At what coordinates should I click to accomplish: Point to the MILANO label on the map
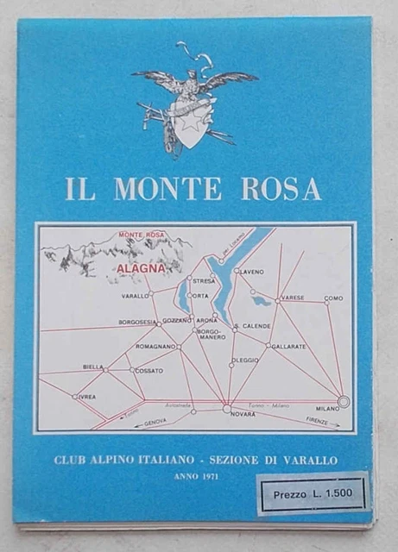click(328, 408)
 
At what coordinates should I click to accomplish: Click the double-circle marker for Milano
click(344, 401)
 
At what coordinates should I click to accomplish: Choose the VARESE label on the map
click(293, 298)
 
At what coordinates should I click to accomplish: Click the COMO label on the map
click(333, 298)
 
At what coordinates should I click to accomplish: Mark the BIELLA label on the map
click(92, 367)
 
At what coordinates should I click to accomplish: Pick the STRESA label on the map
click(204, 281)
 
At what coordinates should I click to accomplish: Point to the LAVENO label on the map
click(252, 272)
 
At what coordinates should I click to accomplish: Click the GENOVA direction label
click(155, 421)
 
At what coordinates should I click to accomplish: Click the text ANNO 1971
click(197, 477)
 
